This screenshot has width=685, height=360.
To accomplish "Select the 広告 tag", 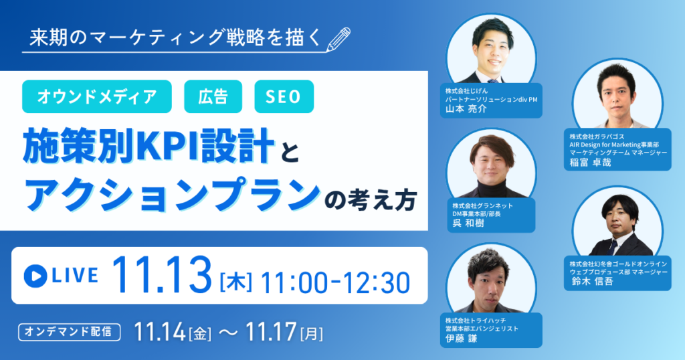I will pos(213,97).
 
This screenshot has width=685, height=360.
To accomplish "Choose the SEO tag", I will pos(284,97).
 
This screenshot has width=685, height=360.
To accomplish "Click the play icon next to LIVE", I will pos(34,275).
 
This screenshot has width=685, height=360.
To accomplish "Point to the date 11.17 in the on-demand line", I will pos(272,331).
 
